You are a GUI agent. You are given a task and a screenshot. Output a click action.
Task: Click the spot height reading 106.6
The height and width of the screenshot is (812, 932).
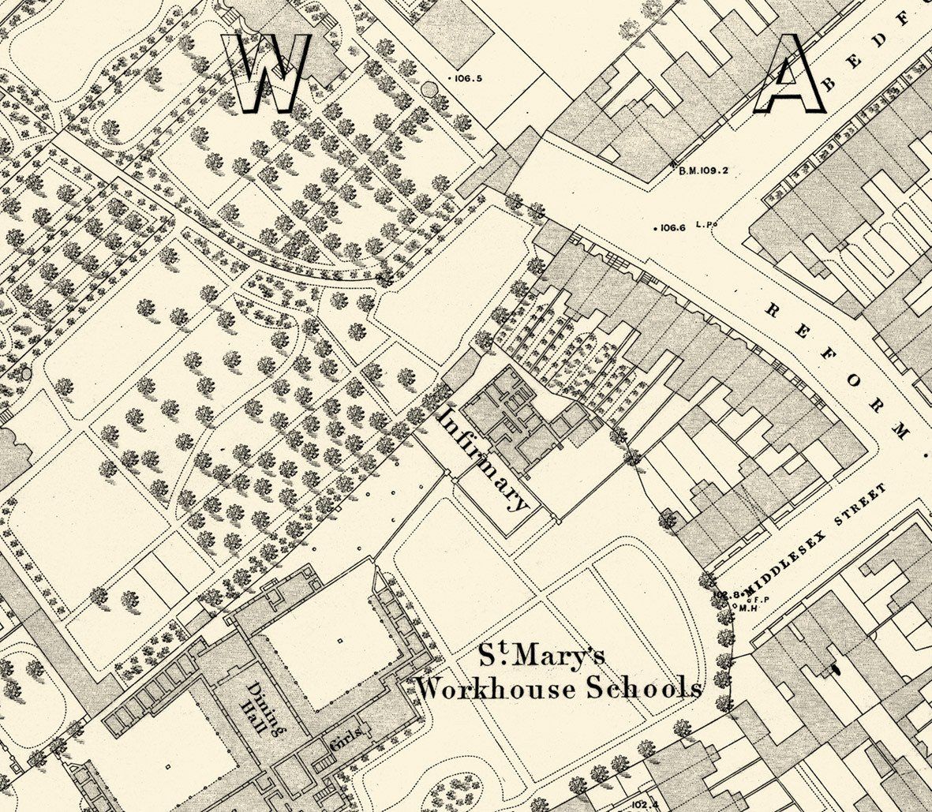[x=673, y=228]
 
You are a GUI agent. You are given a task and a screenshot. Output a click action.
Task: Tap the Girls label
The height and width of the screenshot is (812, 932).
[x=347, y=738]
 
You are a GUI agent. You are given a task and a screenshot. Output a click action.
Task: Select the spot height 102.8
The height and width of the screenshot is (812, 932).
[x=724, y=593]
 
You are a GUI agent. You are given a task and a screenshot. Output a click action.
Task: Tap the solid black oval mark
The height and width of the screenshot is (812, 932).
[x=836, y=669]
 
